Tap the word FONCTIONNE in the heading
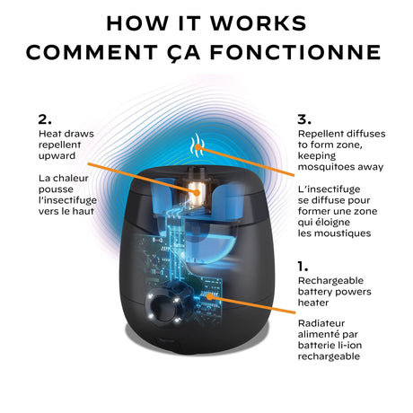click(x=295, y=52)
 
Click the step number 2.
click(x=45, y=119)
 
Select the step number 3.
click(x=304, y=119)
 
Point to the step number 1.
click(x=303, y=266)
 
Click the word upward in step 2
click(x=57, y=156)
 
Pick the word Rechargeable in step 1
click(x=330, y=281)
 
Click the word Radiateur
click(x=321, y=323)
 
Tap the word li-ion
click(x=349, y=346)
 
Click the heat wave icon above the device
click(x=197, y=145)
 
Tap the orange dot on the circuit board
click(x=210, y=296)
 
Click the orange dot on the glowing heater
click(x=197, y=192)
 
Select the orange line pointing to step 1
click(x=252, y=304)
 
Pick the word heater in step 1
click(x=313, y=303)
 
